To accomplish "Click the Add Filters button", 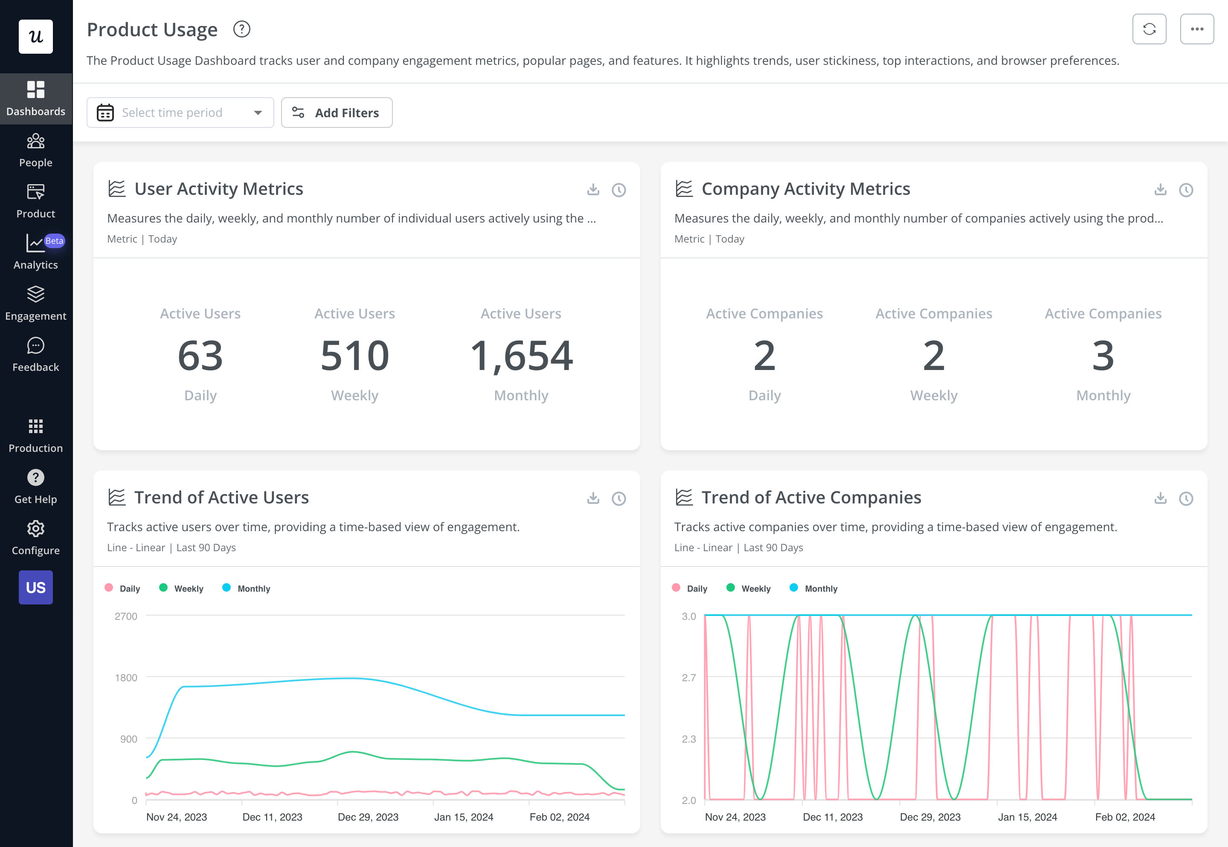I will (x=337, y=113).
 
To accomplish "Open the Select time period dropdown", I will (x=180, y=113).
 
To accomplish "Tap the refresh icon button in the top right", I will (x=1149, y=29).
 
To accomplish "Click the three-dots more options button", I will (x=1197, y=29).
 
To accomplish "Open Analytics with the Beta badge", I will (x=35, y=252).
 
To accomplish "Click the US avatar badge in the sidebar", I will (x=35, y=587).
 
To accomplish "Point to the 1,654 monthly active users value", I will (x=521, y=356).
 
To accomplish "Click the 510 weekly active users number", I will (x=354, y=356).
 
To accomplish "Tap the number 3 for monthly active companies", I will (x=1103, y=356).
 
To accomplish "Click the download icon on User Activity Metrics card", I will (x=593, y=189).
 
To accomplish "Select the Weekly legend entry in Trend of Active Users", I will (x=182, y=588).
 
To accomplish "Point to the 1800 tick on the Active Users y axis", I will (x=126, y=677).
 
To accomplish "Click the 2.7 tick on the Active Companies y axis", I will (x=688, y=677).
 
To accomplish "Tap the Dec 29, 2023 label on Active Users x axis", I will (x=368, y=817).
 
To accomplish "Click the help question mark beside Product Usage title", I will (x=241, y=29).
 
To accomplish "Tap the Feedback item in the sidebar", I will (x=35, y=355).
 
